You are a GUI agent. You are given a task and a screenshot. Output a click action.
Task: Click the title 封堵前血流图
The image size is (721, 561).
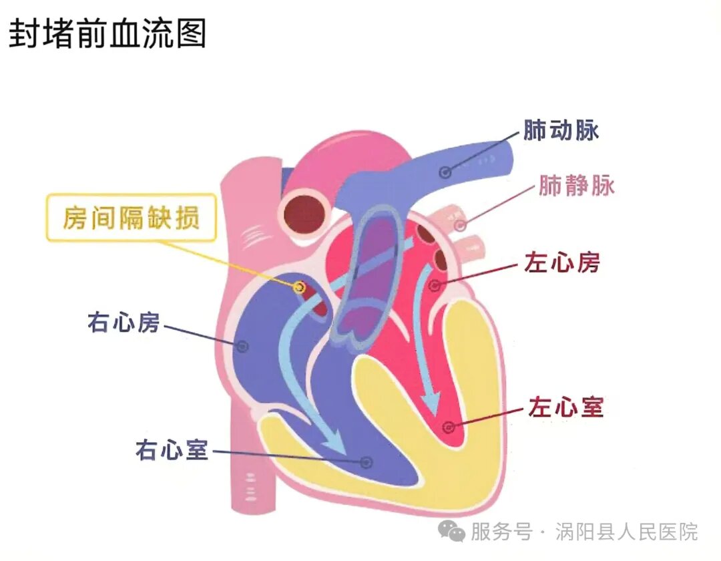pyautogui.click(x=107, y=34)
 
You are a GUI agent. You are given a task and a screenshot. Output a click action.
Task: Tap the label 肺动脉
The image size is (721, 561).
pyautogui.click(x=561, y=131)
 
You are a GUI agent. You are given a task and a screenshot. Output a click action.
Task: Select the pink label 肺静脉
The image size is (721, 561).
pyautogui.click(x=576, y=186)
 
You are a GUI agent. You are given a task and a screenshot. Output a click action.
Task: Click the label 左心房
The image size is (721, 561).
pyautogui.click(x=561, y=263)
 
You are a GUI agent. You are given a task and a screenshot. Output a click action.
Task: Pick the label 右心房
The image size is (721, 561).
pyautogui.click(x=124, y=324)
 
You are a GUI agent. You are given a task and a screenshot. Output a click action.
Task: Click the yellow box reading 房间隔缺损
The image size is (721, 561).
pyautogui.click(x=132, y=218)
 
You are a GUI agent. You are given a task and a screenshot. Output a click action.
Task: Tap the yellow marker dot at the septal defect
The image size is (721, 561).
pyautogui.click(x=300, y=288)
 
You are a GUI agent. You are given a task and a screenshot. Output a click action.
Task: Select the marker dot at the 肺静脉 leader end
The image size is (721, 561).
pyautogui.click(x=460, y=225)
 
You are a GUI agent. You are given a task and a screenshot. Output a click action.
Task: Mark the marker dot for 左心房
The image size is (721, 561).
pyautogui.click(x=435, y=286)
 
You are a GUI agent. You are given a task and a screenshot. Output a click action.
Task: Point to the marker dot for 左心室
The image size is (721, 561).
pyautogui.click(x=449, y=426)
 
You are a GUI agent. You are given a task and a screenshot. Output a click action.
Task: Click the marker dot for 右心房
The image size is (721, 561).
pyautogui.click(x=242, y=346)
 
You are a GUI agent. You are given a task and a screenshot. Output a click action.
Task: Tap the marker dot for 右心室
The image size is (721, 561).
pyautogui.click(x=365, y=461)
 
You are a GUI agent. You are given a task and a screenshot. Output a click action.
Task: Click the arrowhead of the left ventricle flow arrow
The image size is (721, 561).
pyautogui.click(x=432, y=404)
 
